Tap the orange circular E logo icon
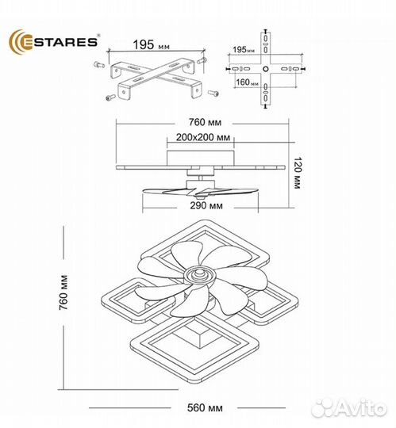click(x=18, y=40)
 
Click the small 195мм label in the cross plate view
click(x=246, y=50)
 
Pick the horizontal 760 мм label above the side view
click(x=200, y=123)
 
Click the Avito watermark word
click(x=363, y=409)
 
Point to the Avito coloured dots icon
click(x=322, y=407)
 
